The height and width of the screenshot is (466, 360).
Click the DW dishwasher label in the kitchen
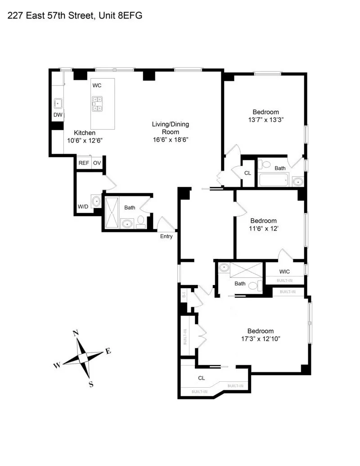tap(58, 115)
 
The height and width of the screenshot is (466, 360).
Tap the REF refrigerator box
tap(83, 163)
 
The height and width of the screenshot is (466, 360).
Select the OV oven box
tap(97, 163)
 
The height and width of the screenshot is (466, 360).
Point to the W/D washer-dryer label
tap(83, 207)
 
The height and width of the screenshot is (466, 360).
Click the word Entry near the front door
tap(166, 236)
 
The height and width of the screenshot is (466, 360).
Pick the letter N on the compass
tap(76, 333)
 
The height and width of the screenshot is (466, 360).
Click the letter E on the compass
tap(108, 351)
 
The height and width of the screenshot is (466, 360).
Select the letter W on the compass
tap(57, 366)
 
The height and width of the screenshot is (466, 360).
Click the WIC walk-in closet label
tap(284, 271)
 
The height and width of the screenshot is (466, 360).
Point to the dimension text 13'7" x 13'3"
tap(265, 120)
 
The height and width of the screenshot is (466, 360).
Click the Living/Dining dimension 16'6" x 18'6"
tap(169, 140)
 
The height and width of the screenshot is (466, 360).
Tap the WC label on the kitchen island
tap(97, 85)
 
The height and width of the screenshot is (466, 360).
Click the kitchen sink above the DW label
tap(58, 103)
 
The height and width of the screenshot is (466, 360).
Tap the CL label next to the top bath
tap(247, 172)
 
